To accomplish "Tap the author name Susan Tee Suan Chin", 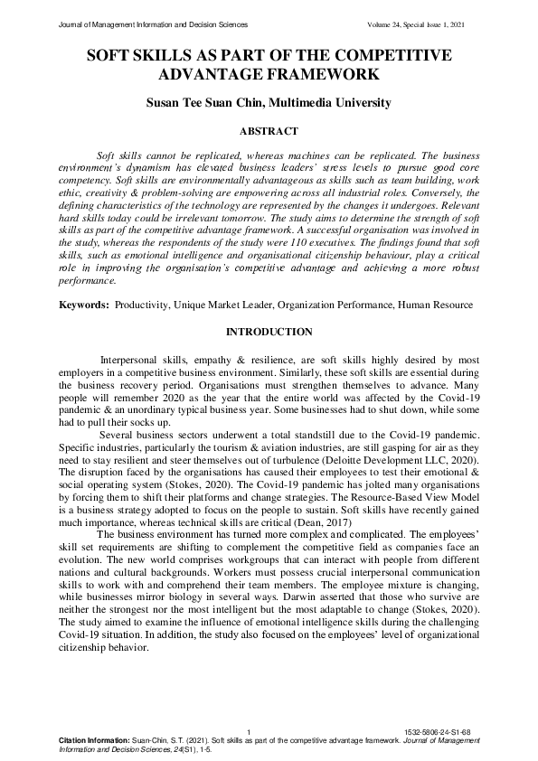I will (x=210, y=103).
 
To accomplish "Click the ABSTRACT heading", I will (x=269, y=132).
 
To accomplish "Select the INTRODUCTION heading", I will (x=269, y=333).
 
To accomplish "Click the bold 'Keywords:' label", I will (x=84, y=305).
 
